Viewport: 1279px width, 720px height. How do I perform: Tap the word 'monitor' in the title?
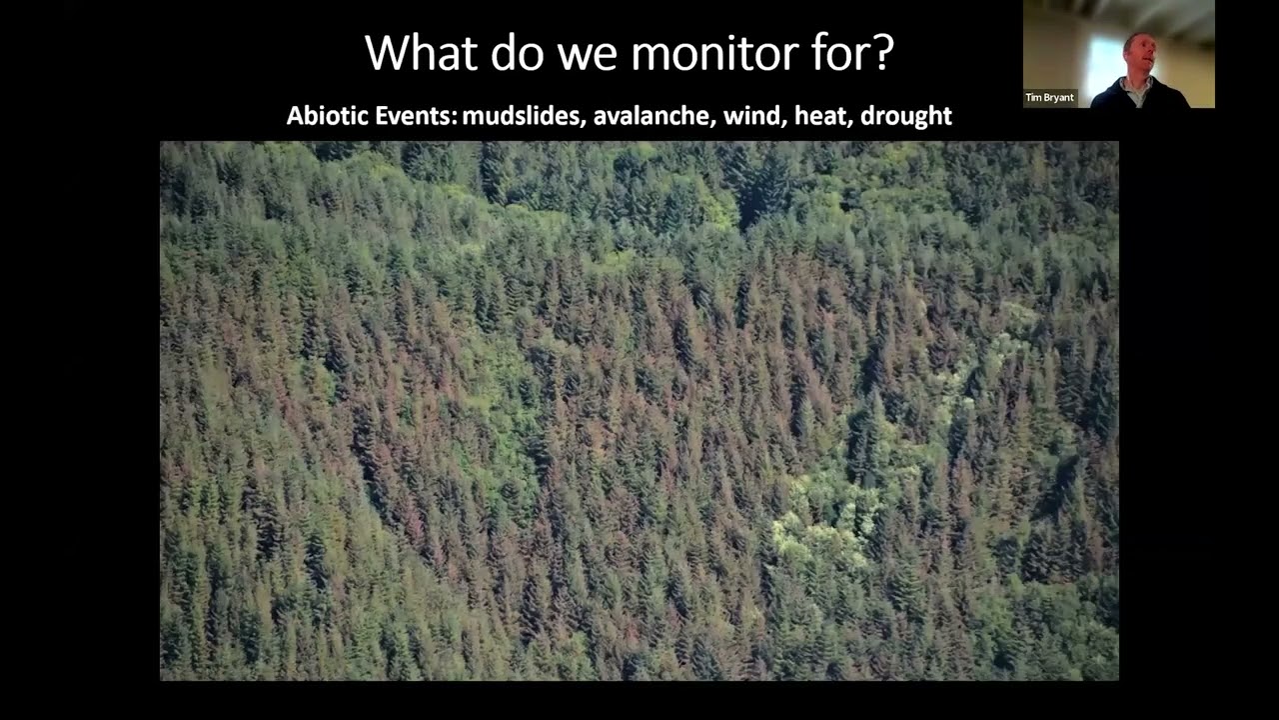pos(727,52)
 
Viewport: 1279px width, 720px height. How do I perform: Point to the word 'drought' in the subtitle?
pos(906,116)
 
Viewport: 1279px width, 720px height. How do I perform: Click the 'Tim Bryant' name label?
pos(1049,98)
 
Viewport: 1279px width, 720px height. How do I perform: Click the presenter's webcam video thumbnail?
pos(1118,54)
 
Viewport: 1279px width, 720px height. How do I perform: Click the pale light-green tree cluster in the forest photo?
pos(819,520)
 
